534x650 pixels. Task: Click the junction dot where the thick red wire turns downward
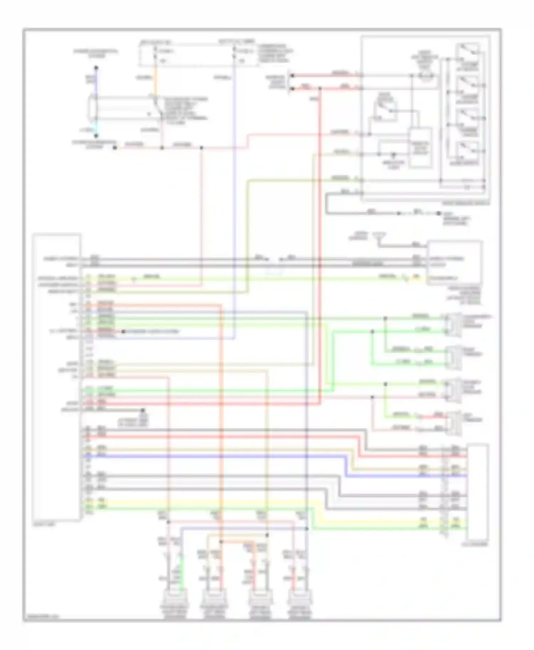click(x=320, y=89)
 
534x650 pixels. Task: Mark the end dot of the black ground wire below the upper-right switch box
click(x=439, y=213)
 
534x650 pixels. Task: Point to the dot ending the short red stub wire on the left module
click(x=123, y=331)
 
